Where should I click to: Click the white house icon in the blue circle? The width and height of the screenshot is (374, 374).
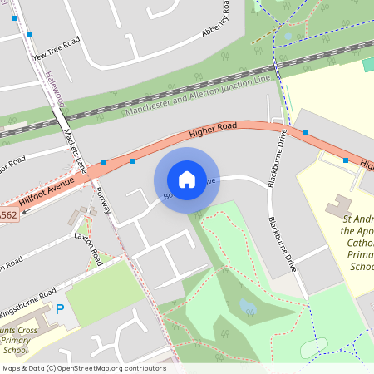(x=187, y=180)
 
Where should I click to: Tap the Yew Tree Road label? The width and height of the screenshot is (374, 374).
(x=55, y=49)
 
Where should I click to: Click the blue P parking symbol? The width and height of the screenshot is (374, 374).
(x=59, y=309)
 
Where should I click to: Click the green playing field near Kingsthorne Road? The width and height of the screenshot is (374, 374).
(x=106, y=292)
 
